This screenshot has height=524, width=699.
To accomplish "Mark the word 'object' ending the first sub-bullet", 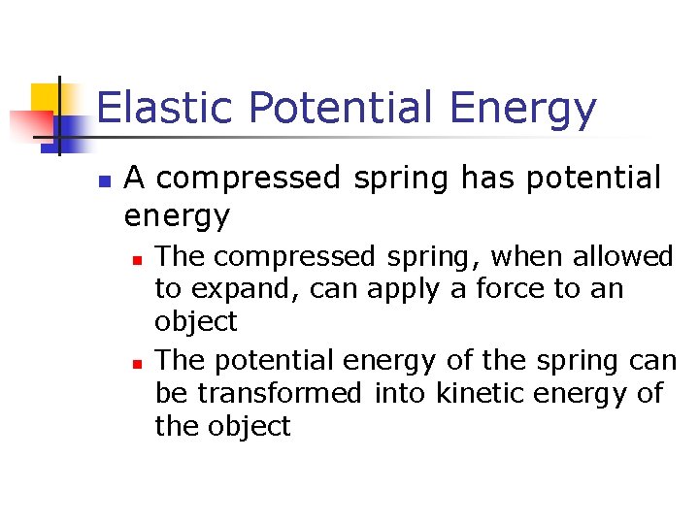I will click(196, 322).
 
